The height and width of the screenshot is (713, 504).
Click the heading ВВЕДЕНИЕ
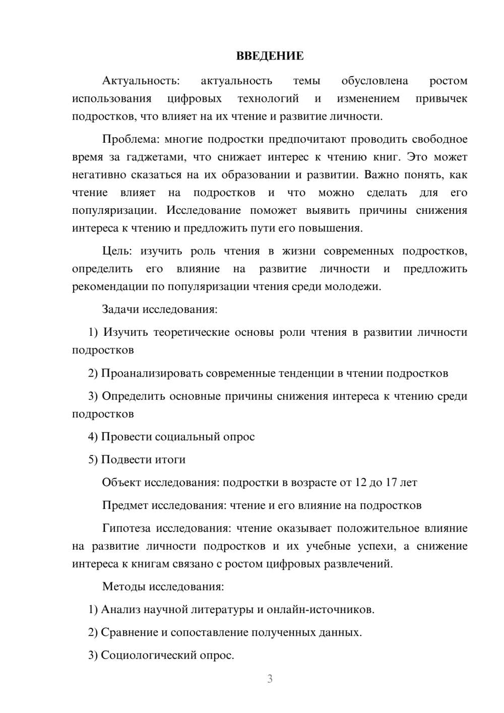pyautogui.click(x=270, y=56)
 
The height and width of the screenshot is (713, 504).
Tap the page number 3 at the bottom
pyautogui.click(x=270, y=679)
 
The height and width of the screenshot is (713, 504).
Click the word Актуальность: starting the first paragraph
pyautogui.click(x=141, y=81)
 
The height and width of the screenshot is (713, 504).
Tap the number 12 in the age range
pyautogui.click(x=360, y=483)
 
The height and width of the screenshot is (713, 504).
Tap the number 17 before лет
pyautogui.click(x=392, y=483)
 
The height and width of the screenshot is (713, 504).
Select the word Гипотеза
pyautogui.click(x=126, y=528)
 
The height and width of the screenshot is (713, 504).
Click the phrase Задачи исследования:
pyautogui.click(x=160, y=309)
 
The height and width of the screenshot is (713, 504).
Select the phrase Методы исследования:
pyautogui.click(x=163, y=586)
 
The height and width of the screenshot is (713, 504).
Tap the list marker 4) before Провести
pyautogui.click(x=93, y=437)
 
